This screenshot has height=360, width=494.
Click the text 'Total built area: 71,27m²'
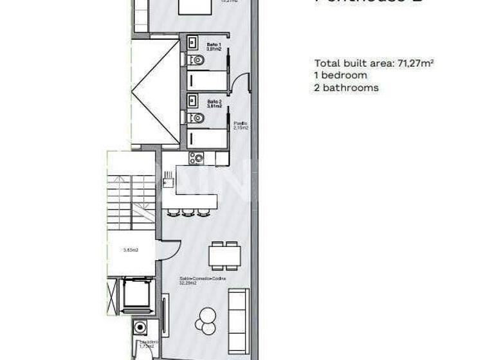pos(374,63)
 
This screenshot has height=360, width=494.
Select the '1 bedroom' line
pos(340,75)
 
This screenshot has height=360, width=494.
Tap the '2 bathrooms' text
pos(346,87)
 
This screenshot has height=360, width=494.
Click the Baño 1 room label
pos(214,46)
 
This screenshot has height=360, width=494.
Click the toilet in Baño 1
pos(196,60)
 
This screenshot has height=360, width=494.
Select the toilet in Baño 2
pos(196,118)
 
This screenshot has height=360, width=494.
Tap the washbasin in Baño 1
pos(192,42)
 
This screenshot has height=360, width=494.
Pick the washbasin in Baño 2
pos(192,100)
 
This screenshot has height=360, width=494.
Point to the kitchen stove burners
pos(196,157)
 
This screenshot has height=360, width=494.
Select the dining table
pos(224,255)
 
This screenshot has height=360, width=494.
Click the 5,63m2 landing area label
pos(132,251)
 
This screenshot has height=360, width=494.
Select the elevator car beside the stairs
pos(136,293)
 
